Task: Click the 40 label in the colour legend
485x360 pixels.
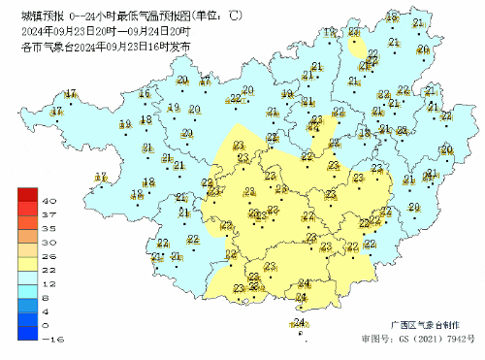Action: click(46, 200)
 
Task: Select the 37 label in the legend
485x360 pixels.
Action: click(46, 213)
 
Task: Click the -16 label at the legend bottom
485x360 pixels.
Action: click(46, 339)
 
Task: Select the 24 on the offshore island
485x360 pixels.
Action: click(300, 323)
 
